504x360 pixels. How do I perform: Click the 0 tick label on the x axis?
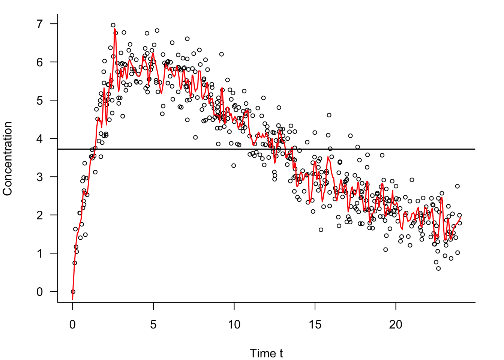tap(72, 325)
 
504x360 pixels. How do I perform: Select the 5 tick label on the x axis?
tap(153, 325)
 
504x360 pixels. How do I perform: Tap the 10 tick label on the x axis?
tap(234, 325)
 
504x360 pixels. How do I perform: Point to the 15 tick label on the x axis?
tap(315, 325)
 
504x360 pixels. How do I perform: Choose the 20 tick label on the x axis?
tap(396, 325)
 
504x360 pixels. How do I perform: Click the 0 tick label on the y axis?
tap(40, 292)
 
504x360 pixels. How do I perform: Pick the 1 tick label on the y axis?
tap(40, 253)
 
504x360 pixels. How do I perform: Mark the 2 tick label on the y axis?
tap(40, 215)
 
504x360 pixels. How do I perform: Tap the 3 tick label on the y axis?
tap(40, 177)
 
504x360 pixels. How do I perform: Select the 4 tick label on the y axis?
tap(40, 139)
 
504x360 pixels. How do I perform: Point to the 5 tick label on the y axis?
tap(40, 100)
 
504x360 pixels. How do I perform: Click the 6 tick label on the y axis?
tap(40, 62)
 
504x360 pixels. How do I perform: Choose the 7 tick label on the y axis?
tap(40, 24)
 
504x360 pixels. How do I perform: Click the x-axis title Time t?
tap(266, 353)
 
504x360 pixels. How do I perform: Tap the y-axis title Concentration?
tap(8, 158)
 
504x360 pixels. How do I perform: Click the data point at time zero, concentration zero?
tap(73, 291)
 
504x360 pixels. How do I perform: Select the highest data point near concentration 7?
tap(113, 25)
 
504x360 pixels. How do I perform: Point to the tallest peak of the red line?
tap(114, 28)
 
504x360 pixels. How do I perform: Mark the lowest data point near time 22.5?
tap(438, 268)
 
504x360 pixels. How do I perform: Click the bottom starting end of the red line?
tap(72, 299)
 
